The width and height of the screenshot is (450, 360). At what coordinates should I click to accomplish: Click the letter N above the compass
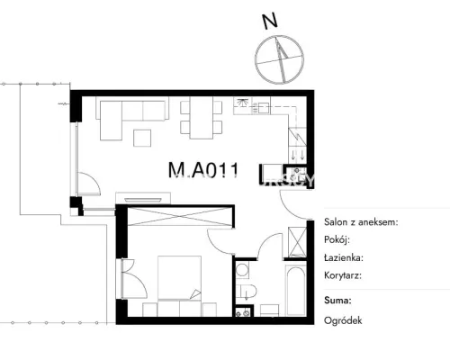pyautogui.click(x=270, y=22)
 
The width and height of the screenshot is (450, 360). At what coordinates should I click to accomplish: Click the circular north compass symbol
pyautogui.click(x=279, y=59)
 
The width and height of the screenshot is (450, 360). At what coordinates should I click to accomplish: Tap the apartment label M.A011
pyautogui.click(x=203, y=170)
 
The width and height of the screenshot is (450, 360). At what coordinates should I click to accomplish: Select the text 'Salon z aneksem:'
pyautogui.click(x=361, y=222)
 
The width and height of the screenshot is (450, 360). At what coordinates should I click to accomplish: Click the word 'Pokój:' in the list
pyautogui.click(x=337, y=240)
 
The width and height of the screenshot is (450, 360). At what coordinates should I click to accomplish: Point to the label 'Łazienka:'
pyautogui.click(x=344, y=257)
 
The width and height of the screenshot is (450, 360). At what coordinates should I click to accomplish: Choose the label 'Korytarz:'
pyautogui.click(x=343, y=275)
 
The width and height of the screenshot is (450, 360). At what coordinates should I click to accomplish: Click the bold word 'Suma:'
pyautogui.click(x=337, y=301)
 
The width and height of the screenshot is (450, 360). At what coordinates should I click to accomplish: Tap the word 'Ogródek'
pyautogui.click(x=343, y=320)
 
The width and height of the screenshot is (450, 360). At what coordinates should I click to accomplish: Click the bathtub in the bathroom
pyautogui.click(x=296, y=290)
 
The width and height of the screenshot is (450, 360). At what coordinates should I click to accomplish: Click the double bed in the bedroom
pyautogui.click(x=179, y=277)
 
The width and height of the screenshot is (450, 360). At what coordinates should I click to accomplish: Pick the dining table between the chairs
pyautogui.click(x=202, y=118)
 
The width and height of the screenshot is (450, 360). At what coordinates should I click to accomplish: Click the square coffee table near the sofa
pyautogui.click(x=142, y=138)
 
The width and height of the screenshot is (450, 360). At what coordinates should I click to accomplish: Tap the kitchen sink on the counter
pyautogui.click(x=263, y=107)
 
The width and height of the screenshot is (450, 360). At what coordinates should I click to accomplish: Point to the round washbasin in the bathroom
pyautogui.click(x=242, y=270)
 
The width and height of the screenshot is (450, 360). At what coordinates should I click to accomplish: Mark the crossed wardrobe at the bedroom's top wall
pyautogui.click(x=179, y=216)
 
